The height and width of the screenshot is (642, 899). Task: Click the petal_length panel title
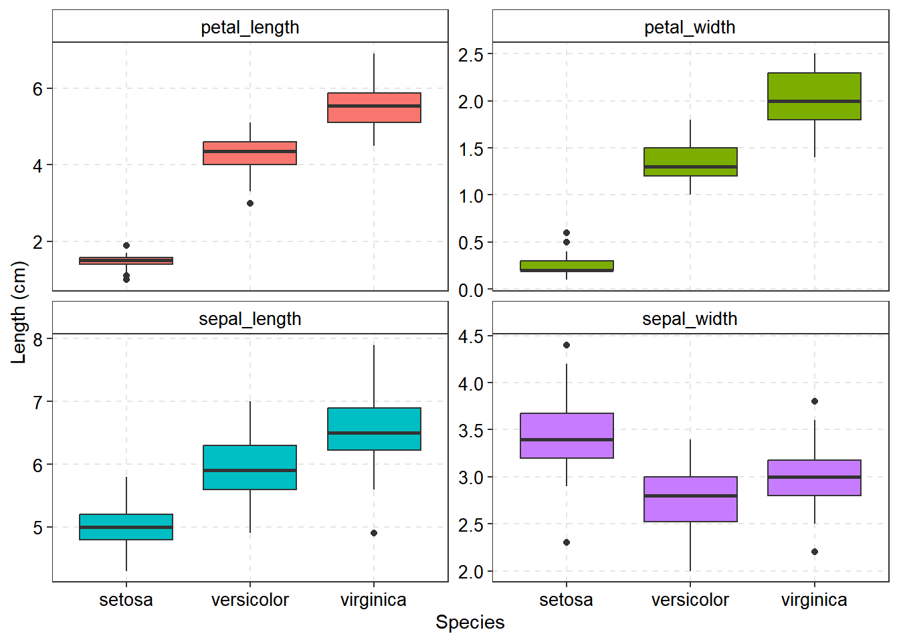(x=249, y=27)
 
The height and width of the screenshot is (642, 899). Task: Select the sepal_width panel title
(x=690, y=319)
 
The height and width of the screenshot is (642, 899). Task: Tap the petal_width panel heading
(x=690, y=27)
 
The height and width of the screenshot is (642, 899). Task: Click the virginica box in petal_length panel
(x=374, y=108)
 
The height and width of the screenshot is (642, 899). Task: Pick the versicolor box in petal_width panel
(x=690, y=162)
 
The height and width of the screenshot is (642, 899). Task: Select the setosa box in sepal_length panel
(x=126, y=527)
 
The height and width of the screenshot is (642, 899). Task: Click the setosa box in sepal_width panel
(x=567, y=435)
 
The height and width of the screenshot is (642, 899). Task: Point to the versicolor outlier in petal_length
(x=250, y=203)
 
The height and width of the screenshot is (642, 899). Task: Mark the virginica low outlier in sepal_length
(x=374, y=533)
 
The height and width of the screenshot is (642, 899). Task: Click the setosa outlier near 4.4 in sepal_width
(x=567, y=345)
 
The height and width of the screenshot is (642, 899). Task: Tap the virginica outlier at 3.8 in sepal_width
(x=814, y=401)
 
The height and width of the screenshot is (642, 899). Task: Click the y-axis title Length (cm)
(x=19, y=312)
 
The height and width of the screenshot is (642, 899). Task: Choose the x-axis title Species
(x=470, y=623)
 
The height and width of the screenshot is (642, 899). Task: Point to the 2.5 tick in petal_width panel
(x=471, y=55)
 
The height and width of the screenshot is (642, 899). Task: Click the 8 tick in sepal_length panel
(x=37, y=340)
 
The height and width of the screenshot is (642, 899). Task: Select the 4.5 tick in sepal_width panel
(x=471, y=336)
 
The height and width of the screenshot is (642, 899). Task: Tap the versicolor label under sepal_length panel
(x=250, y=600)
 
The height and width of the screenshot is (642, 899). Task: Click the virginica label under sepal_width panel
(x=814, y=600)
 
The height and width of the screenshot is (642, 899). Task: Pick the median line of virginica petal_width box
(x=814, y=101)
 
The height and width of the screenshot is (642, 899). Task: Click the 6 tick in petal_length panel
(x=37, y=89)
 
